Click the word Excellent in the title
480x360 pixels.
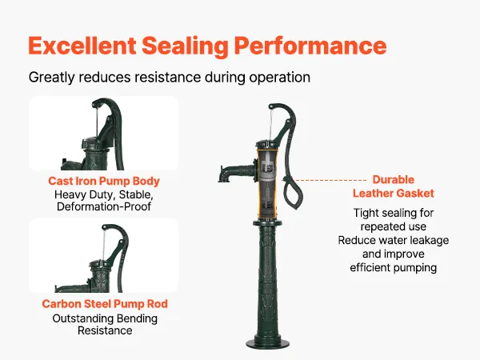tap(82, 46)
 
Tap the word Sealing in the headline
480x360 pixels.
tap(186, 46)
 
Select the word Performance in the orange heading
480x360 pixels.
tap(310, 46)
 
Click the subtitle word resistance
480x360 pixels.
tap(167, 77)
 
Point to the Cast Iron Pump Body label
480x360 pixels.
tap(104, 181)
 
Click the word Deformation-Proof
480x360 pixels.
tap(104, 206)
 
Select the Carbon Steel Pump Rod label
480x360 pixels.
tap(105, 304)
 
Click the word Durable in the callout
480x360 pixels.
tap(393, 180)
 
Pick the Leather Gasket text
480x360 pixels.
tap(394, 194)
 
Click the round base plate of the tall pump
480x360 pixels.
tap(267, 344)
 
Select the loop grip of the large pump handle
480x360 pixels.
tap(291, 192)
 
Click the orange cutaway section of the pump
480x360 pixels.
tap(267, 183)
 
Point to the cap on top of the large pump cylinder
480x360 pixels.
tap(267, 144)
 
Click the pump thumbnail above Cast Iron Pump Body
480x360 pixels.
tap(104, 133)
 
